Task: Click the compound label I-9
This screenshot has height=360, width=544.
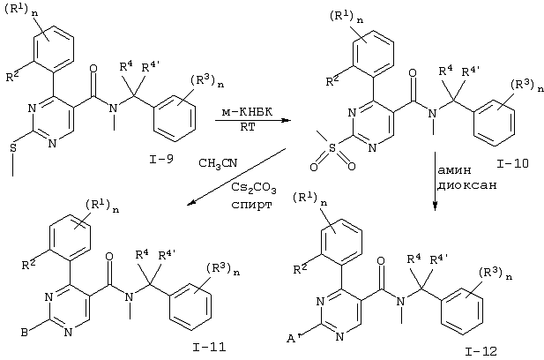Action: (161, 160)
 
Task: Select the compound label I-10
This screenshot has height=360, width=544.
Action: (512, 163)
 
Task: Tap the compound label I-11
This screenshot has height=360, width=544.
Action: (209, 347)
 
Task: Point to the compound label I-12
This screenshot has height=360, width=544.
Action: (481, 351)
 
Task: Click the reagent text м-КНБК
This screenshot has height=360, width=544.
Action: (248, 112)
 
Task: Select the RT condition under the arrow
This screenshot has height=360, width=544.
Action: (248, 127)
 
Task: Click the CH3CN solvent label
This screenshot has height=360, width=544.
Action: (218, 163)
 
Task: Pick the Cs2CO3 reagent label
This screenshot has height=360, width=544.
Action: (254, 188)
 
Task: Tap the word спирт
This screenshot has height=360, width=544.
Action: (251, 204)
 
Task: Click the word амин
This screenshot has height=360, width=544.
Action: (454, 169)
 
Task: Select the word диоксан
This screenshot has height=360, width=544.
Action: (466, 185)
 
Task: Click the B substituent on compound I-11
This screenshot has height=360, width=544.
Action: (25, 333)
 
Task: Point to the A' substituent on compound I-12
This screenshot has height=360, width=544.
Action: (294, 338)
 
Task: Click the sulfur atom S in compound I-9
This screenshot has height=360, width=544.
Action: (13, 148)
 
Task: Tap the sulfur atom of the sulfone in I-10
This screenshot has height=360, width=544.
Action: (332, 148)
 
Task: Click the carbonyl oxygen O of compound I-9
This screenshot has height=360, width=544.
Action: (93, 68)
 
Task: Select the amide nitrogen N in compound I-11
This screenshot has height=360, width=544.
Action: (129, 296)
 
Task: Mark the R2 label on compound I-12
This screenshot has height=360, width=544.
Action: (300, 269)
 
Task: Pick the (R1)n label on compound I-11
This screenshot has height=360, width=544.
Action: (102, 206)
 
